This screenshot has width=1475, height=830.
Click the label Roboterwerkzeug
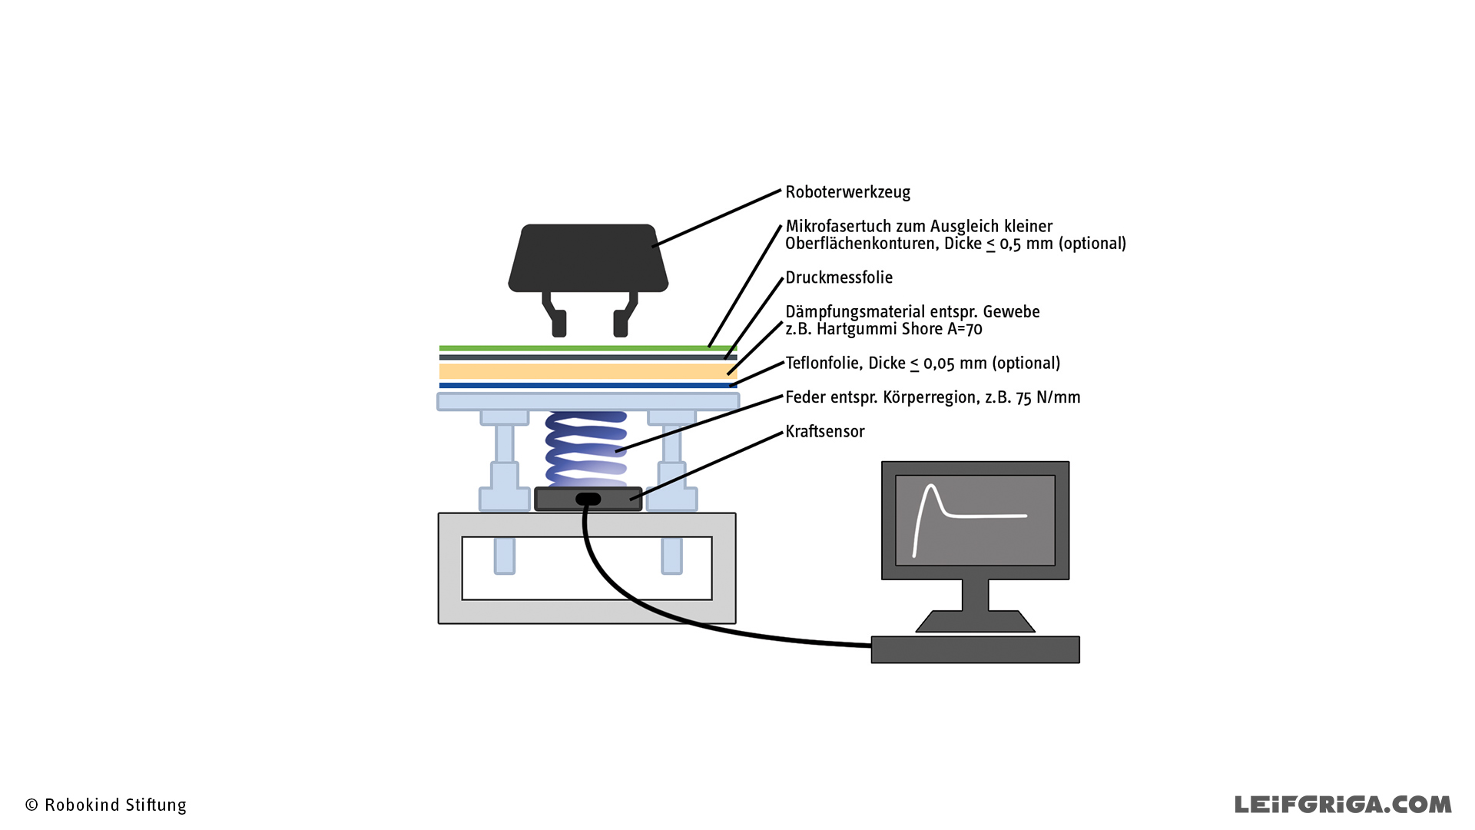[847, 192]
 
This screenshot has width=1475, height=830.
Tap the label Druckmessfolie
[839, 277]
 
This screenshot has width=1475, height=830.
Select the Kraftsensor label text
[825, 432]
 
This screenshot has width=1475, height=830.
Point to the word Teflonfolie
[821, 364]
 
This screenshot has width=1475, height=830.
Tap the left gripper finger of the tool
[555, 314]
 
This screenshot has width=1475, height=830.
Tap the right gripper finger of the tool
[624, 314]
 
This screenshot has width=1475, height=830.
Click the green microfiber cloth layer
[588, 348]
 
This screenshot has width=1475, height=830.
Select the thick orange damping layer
[588, 372]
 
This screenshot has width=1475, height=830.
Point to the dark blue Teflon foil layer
[588, 386]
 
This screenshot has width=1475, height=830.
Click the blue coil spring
[585, 450]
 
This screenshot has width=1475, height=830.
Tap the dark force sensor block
[588, 500]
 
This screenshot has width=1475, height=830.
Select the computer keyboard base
[975, 649]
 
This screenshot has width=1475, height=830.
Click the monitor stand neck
[975, 595]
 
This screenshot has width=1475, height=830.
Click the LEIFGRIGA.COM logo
[1343, 805]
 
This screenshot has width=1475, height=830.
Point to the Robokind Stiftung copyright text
[106, 805]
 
